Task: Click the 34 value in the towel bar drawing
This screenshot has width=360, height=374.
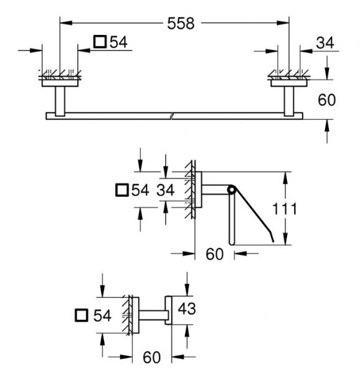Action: pos(324,43)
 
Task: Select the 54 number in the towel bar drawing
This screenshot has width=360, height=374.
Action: pos(118,42)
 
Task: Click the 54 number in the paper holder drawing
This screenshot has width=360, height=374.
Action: pos(140,191)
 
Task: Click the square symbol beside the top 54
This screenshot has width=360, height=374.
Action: pos(99,42)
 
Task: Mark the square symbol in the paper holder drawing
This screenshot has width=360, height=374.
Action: pos(123,191)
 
